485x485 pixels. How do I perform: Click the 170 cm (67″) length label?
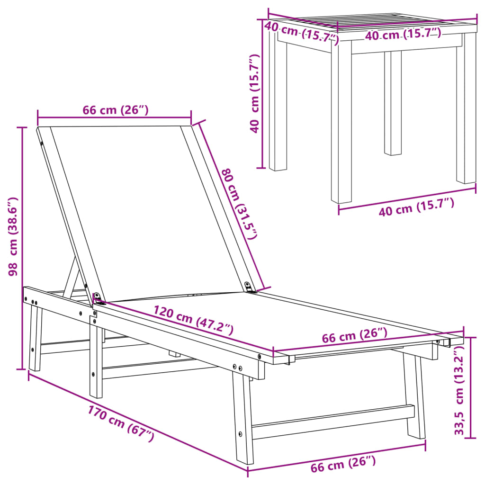[x=121, y=423]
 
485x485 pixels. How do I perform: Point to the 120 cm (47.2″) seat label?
[x=193, y=320]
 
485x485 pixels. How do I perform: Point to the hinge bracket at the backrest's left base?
[x=98, y=297]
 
